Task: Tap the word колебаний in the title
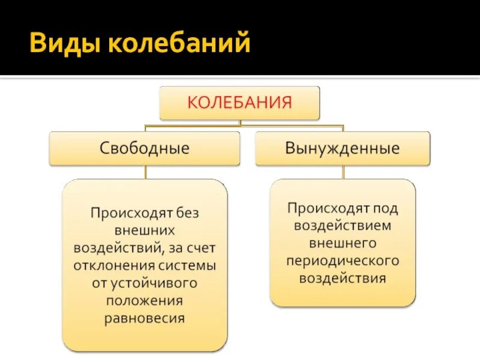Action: [x=176, y=44]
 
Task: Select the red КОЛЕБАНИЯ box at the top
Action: [x=239, y=102]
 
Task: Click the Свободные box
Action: [x=144, y=148]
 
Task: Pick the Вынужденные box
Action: [x=343, y=148]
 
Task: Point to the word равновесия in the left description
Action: [x=145, y=318]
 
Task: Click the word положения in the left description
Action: [x=145, y=301]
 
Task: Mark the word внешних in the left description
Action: [x=145, y=230]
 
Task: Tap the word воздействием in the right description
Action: [x=343, y=226]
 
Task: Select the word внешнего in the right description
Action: [x=343, y=244]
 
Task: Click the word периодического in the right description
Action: [x=343, y=261]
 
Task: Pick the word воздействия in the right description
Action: [x=343, y=278]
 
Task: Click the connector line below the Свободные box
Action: [x=145, y=172]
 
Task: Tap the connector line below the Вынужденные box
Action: [x=343, y=172]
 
